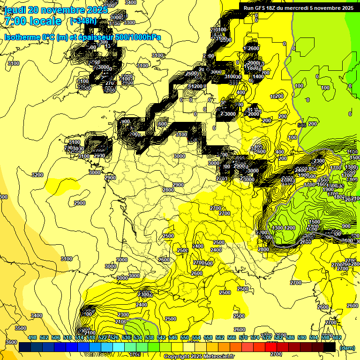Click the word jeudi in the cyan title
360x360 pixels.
15,10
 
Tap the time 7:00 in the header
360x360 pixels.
15,21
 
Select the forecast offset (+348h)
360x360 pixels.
83,21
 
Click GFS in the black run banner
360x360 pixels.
263,8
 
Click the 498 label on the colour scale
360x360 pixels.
32,337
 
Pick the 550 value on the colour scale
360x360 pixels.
184,337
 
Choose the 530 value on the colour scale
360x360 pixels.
126,337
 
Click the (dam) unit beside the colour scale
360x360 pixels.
347,347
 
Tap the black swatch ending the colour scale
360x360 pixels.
330,347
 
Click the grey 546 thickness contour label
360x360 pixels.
301,125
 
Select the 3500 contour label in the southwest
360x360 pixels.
21,328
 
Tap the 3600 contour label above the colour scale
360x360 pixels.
11,342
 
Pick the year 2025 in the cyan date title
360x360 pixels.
97,10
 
